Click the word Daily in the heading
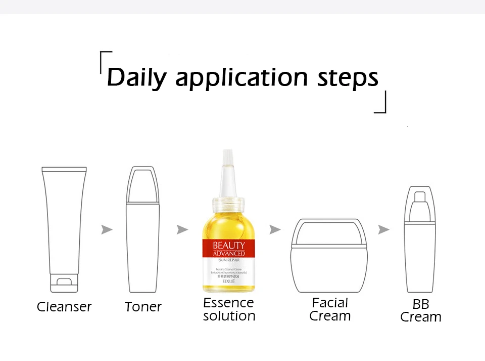pos(136,78)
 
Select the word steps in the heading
pos(348,78)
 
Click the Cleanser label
pos(64,307)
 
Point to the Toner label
pos(143,307)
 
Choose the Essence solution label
pos(229,309)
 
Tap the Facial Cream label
pos(330,309)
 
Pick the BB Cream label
pos(420,311)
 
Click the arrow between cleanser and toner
pos(107,229)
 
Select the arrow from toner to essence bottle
pos(182,229)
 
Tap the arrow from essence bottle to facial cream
pos(275,229)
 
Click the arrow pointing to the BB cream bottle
pos(384,229)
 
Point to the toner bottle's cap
pos(143,184)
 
